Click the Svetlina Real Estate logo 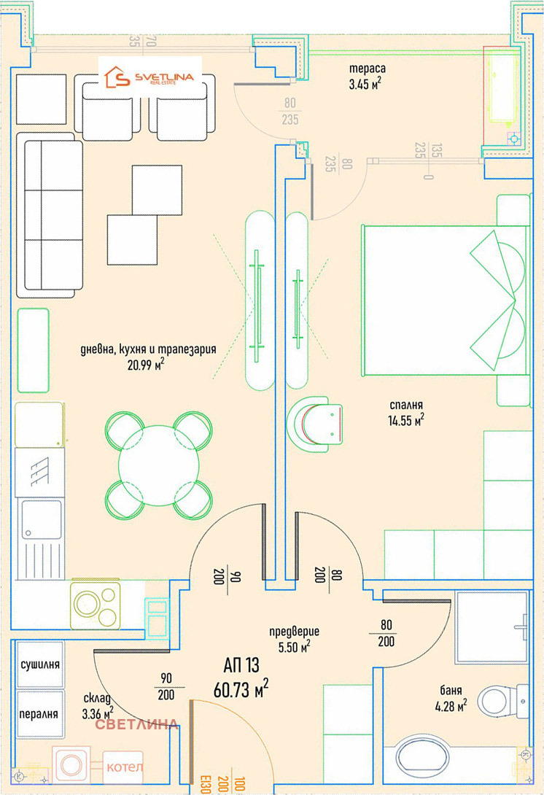149,77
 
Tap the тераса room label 367,69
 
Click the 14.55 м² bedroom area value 406,420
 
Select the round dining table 159,465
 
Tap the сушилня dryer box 40,664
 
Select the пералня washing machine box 40,714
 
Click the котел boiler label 124,767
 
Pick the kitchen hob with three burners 96,605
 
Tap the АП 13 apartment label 241,664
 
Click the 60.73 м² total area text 241,689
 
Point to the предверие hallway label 294,631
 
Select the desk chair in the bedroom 314,424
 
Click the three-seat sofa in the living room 50,215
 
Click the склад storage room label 97,699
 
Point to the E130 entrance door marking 206,784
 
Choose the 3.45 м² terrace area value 365,84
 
